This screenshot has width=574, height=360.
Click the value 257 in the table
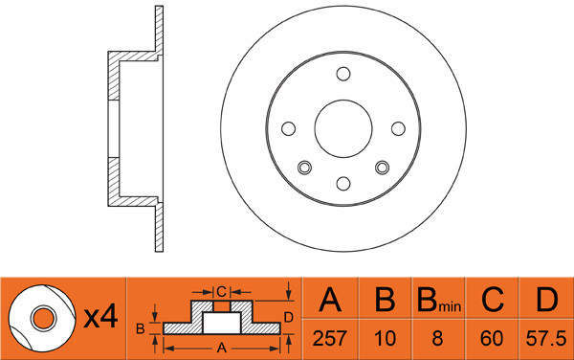pos(329,338)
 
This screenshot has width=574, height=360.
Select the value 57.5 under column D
pos(546,338)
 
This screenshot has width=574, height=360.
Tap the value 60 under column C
pos(492,338)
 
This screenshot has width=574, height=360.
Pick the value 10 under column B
pos(386,338)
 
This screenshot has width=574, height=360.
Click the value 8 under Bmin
pos(437,338)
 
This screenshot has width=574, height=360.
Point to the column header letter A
pos(330,300)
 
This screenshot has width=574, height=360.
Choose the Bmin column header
pos(439,300)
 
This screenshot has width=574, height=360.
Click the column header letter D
pos(546,300)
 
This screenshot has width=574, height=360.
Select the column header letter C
pos(493,300)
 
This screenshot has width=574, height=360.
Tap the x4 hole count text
pos(100,317)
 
